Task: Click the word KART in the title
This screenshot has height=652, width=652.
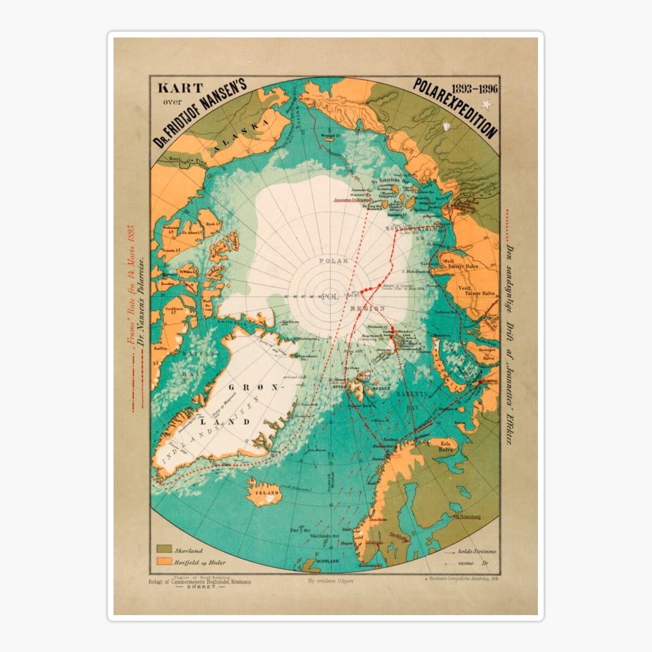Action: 180,87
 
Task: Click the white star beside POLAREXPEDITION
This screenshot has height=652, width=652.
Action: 485,103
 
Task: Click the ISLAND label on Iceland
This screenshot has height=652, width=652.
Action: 264,493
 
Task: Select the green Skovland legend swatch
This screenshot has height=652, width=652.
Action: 164,550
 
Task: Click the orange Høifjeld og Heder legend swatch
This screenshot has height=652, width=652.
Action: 164,562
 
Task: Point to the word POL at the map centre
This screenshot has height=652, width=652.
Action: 330,297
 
